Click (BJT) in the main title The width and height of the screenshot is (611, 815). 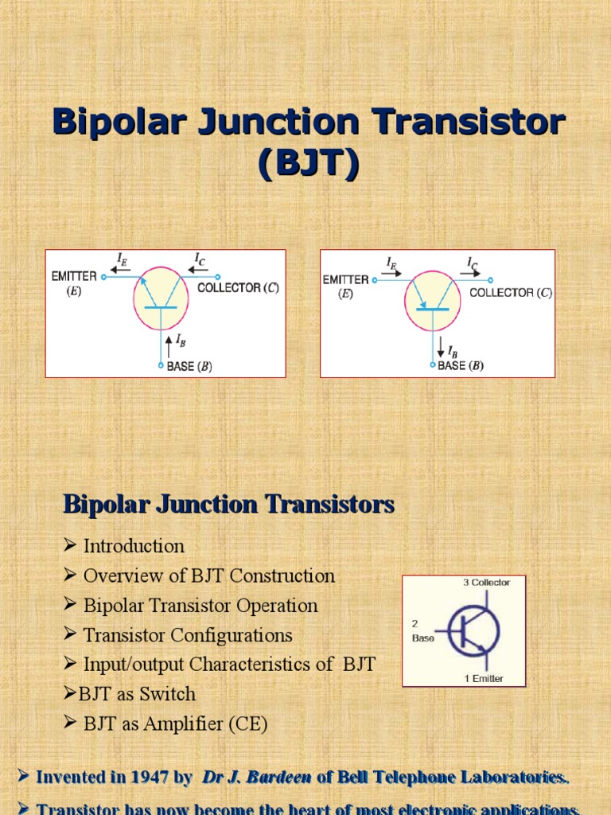[x=308, y=164]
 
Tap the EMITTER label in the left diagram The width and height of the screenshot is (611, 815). [x=75, y=276]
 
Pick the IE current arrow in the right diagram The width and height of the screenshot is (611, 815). [x=391, y=272]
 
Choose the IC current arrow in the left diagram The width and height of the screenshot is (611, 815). [x=199, y=269]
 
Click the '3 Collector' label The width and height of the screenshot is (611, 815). [x=486, y=583]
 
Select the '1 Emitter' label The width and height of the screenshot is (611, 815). [x=484, y=679]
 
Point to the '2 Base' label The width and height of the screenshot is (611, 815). [x=422, y=631]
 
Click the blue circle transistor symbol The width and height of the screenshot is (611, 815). [x=474, y=631]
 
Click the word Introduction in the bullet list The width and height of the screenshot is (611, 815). [x=134, y=546]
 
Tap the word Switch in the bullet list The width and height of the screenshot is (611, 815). [x=167, y=694]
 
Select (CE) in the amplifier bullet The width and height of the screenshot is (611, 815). [x=247, y=724]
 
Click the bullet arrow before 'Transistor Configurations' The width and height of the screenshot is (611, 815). [x=70, y=635]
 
